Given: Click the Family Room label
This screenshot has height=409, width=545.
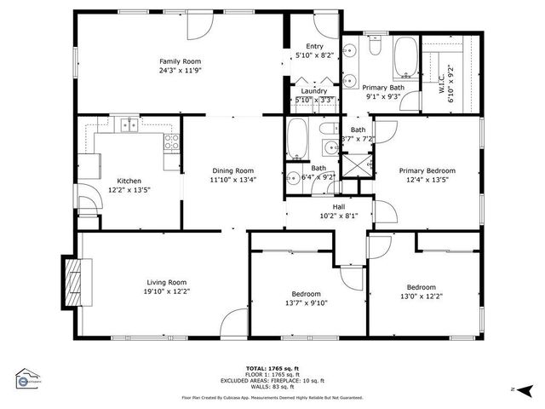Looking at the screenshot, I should point(180,60).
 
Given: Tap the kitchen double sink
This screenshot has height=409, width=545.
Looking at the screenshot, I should point(129,125).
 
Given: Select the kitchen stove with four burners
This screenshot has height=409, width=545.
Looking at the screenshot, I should point(171,141).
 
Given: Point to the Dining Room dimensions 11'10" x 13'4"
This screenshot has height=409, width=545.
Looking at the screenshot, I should point(232,180).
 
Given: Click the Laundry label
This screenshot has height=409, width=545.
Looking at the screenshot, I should point(313,90).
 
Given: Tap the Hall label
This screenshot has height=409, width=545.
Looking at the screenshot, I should point(338,205).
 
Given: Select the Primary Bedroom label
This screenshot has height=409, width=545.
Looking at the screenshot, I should point(427,170).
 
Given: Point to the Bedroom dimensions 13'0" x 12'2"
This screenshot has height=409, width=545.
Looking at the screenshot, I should point(421,297).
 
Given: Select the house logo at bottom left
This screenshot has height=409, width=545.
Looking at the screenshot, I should point(27,378).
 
